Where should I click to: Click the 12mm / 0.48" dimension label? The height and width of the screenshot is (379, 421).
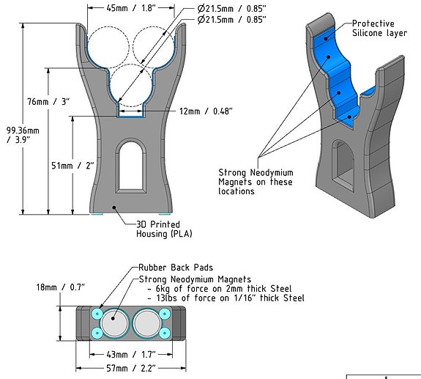[x=206, y=111]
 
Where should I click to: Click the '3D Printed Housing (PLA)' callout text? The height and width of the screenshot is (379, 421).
[x=158, y=229]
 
